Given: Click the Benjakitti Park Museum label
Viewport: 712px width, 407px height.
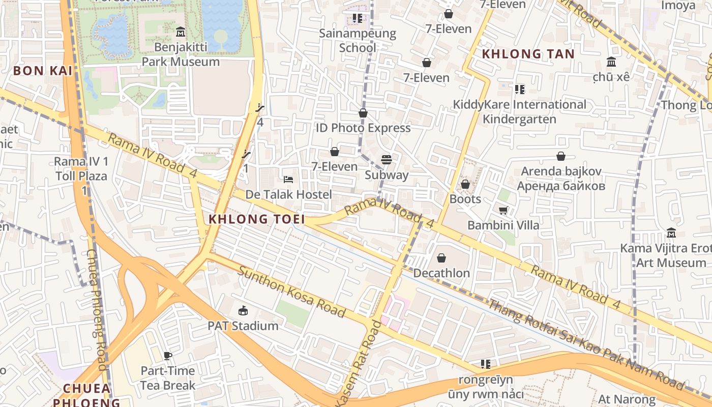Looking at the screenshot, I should coord(181,54).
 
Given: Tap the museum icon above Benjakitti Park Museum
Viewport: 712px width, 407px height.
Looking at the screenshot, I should coord(181,33).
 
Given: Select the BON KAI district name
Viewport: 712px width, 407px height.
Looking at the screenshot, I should coord(43,71).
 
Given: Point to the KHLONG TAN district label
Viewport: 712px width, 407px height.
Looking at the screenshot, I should coord(528,54).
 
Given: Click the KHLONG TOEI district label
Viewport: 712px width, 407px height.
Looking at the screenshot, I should coord(257,219).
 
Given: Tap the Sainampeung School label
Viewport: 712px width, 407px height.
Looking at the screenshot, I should coord(358,41).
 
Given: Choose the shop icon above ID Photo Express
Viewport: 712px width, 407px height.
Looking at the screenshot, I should coord(363,113).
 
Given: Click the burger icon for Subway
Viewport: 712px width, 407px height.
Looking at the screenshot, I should coord(387,160).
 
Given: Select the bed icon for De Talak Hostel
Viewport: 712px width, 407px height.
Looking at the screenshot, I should coord(288,179).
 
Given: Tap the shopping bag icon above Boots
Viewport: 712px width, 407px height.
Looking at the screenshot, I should coord(465,184).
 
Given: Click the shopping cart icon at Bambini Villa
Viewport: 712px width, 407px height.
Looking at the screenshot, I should coord(503,210).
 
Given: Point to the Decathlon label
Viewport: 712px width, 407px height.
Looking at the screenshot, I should coord(441,273).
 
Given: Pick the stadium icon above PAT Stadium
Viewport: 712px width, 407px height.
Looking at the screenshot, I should coord(243,310).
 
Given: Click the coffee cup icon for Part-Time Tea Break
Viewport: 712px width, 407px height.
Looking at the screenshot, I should coord(168,356).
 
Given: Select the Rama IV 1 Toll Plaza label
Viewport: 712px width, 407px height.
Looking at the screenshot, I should coord(81,169).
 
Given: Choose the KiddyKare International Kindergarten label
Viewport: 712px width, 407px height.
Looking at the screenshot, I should coord(519,112).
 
